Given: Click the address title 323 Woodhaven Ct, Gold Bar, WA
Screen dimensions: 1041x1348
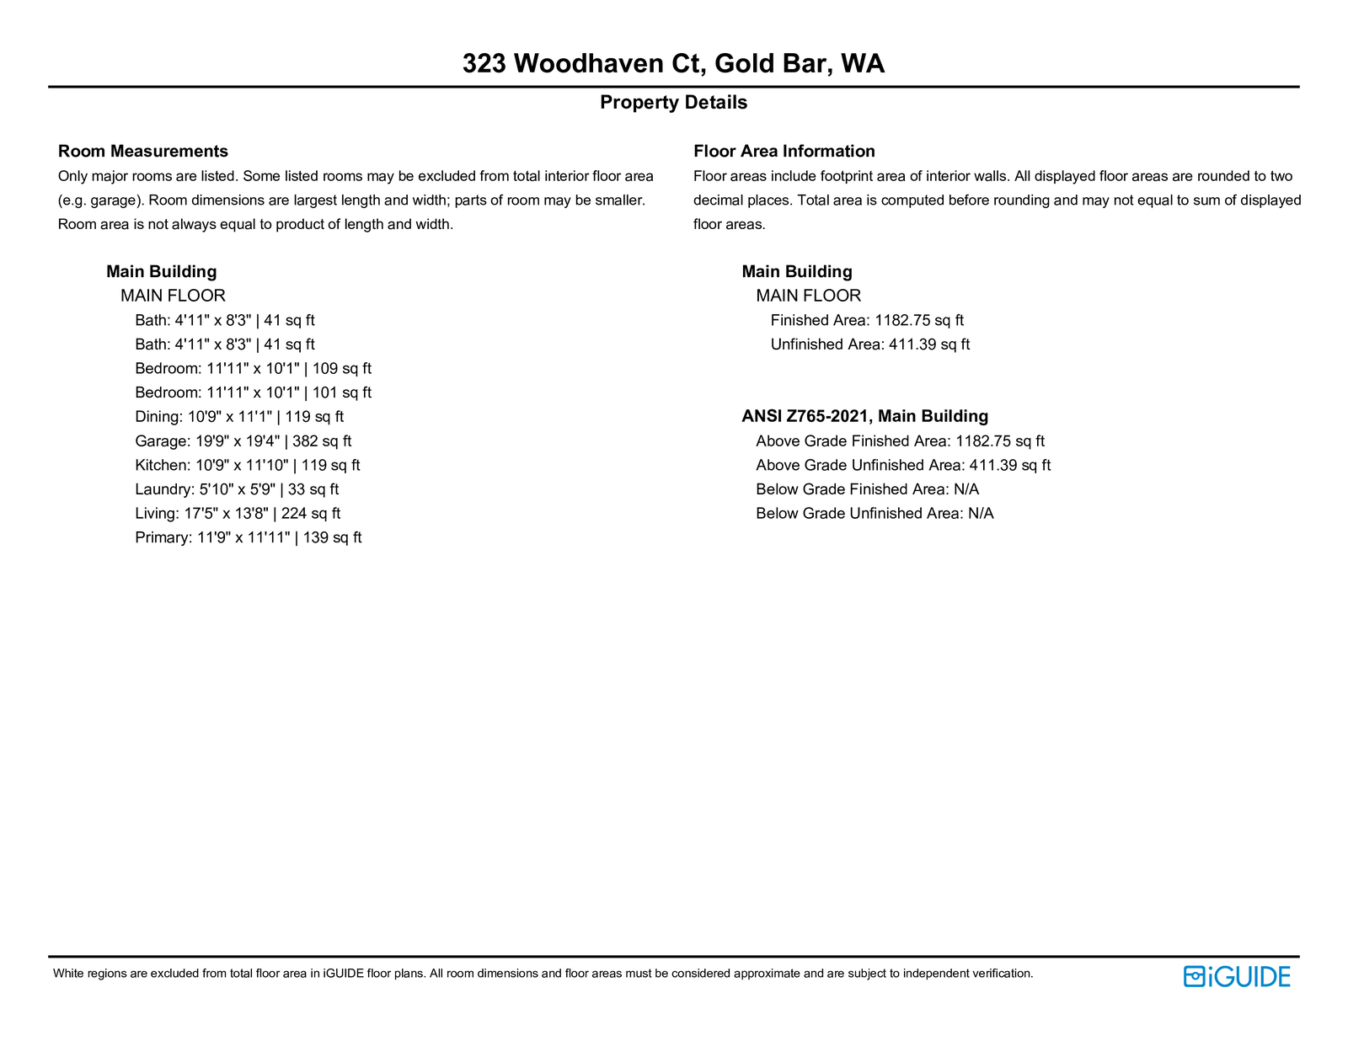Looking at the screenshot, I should tap(673, 64).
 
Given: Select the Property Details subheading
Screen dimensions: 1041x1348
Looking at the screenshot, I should tap(673, 103).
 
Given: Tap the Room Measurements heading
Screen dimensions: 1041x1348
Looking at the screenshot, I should tap(143, 152).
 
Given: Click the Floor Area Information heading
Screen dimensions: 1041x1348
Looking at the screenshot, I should tap(784, 152).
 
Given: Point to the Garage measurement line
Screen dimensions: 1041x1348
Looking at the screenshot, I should tap(243, 441).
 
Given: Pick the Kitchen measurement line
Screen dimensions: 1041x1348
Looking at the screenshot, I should tap(247, 465).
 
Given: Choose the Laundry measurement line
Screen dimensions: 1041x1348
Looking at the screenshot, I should tap(237, 489).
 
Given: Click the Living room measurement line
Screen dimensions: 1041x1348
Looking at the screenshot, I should tap(238, 514).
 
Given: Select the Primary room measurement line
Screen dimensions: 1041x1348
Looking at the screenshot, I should tap(248, 537).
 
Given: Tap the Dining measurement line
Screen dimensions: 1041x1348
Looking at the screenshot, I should tap(239, 417).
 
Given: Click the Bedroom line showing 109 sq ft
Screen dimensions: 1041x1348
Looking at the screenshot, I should tap(253, 369).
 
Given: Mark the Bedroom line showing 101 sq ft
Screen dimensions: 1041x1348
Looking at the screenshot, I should tap(253, 392).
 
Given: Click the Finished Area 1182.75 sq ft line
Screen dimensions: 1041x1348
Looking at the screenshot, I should tap(867, 321).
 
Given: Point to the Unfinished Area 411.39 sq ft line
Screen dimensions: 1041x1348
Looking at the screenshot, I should tap(869, 344).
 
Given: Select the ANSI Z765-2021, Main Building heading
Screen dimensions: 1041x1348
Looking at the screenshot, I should tap(864, 416).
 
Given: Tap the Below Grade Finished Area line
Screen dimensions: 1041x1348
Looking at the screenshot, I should tap(867, 489).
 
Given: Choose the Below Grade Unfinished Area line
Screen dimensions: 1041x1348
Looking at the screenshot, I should tap(875, 514).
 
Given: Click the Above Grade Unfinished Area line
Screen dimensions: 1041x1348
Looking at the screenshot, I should tap(903, 465).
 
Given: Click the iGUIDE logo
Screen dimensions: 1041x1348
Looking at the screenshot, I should tap(1236, 976).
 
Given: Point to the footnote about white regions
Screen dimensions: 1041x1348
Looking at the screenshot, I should tap(543, 974).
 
